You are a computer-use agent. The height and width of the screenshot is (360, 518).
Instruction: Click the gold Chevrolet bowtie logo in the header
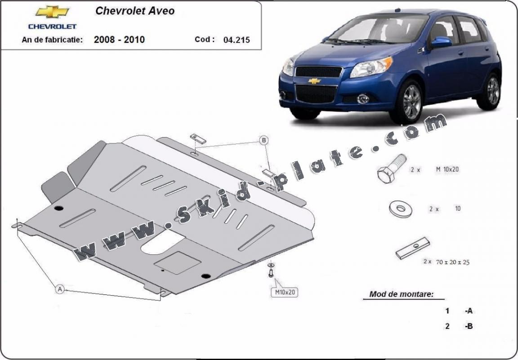point(52,12)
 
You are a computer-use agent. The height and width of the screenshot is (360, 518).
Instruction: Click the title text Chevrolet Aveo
point(135,11)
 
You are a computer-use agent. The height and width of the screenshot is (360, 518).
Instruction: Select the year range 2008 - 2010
point(119,40)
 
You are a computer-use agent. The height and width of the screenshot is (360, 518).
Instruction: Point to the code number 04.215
point(237,40)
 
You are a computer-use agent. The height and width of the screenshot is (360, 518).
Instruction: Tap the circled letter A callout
point(59,289)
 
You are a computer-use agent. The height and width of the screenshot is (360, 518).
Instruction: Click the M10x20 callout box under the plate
point(285,292)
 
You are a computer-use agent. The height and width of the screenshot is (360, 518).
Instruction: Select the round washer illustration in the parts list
point(400,209)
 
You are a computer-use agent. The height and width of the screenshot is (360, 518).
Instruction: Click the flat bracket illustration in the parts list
point(413,248)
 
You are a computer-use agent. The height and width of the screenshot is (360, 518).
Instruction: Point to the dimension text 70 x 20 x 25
point(453,262)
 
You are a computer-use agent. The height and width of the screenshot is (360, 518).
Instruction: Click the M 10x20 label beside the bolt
point(447,169)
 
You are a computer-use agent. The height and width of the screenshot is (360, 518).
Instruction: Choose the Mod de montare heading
point(401,294)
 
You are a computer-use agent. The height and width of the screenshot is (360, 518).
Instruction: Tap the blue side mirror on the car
point(441,42)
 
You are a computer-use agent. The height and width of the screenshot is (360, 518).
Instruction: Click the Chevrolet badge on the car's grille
point(314,80)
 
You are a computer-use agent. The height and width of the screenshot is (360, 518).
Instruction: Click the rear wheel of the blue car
point(490,91)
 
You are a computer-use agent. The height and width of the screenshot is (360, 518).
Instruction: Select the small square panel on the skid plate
point(178,262)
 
